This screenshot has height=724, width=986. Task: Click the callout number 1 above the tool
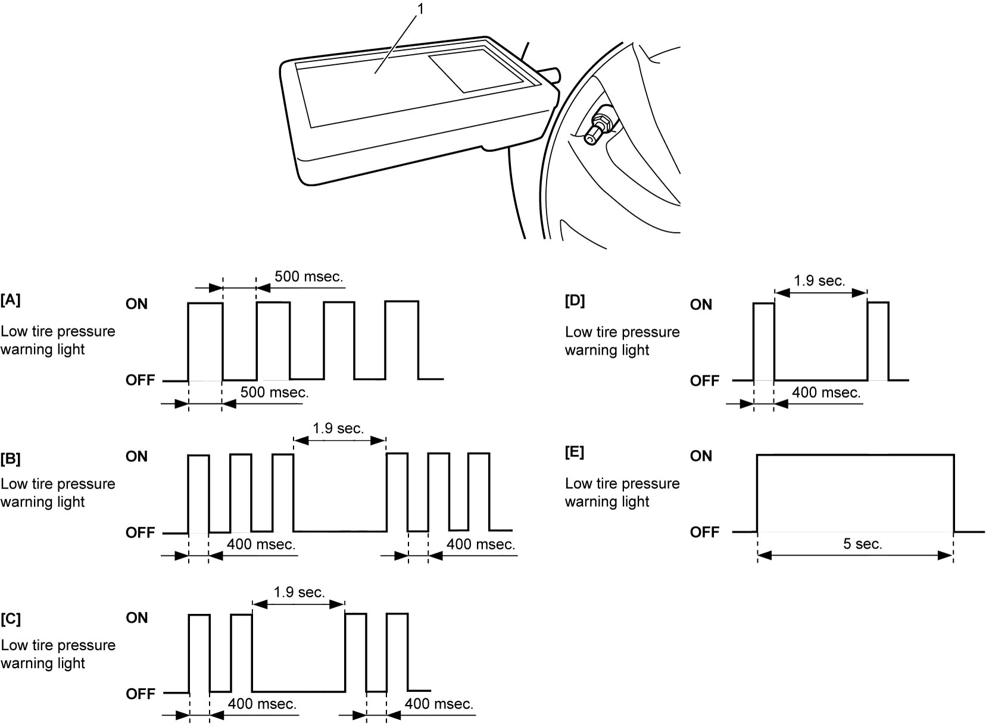420,9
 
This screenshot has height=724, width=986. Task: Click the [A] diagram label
11,300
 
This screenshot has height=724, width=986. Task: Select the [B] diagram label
11,459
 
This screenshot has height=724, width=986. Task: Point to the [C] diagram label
11,619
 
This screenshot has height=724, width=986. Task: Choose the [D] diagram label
575,301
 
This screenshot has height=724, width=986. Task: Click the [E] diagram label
575,452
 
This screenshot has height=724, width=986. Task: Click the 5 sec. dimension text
863,544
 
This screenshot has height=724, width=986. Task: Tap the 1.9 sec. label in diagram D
820,281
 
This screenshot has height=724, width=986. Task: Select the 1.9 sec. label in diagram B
338,428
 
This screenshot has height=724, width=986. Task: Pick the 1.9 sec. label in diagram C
299,592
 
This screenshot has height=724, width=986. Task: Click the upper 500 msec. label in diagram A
308,277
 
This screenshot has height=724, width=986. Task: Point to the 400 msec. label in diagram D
826,393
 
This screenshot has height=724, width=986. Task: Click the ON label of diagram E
701,456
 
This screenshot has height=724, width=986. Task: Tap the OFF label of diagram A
140,380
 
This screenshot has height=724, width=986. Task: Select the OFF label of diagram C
140,694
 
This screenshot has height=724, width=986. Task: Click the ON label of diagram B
136,456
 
